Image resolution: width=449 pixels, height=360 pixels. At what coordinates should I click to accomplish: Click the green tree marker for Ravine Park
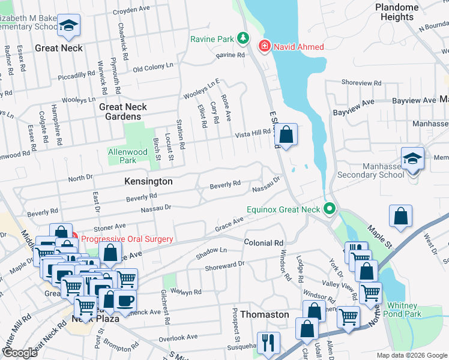click(243, 39)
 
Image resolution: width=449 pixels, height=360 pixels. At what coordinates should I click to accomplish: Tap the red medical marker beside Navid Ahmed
click(264, 46)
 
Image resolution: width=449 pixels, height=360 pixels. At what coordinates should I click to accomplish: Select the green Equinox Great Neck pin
click(328, 209)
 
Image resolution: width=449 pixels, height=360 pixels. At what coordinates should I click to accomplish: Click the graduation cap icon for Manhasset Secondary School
click(412, 160)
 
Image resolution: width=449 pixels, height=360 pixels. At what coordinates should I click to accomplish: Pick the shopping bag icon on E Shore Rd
click(287, 135)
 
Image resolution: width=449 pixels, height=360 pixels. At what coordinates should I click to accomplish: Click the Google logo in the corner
click(19, 352)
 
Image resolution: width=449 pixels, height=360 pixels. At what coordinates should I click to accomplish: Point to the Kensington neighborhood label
click(148, 181)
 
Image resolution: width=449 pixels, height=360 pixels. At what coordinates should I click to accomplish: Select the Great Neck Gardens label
click(123, 112)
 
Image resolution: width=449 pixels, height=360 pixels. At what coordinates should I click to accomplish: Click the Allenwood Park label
click(122, 156)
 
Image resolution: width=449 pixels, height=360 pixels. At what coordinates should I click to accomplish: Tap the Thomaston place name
click(264, 314)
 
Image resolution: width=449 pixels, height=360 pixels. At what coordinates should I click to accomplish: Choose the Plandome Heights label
click(397, 12)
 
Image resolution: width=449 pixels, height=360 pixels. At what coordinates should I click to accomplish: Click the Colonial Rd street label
click(263, 243)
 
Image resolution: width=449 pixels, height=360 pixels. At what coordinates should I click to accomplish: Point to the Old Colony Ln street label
click(153, 68)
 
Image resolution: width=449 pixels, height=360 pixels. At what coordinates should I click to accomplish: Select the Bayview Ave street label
click(414, 101)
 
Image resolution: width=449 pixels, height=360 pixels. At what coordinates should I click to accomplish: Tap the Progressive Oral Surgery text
click(127, 239)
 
